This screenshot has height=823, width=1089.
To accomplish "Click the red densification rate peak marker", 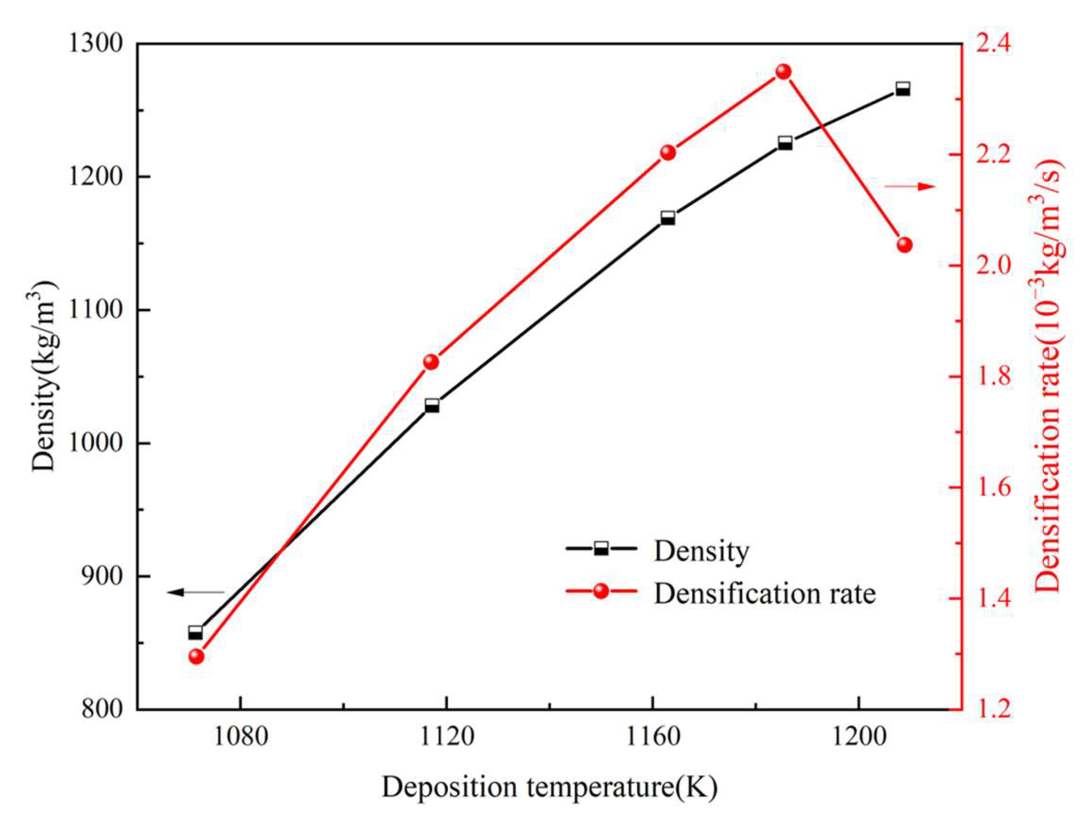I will tap(783, 72).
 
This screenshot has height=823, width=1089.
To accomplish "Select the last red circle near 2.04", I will tap(904, 245).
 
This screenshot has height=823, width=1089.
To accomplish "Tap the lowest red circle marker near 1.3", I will tap(196, 656).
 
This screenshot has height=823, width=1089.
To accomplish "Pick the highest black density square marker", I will tap(903, 89).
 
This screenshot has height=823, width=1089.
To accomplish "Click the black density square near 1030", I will tap(432, 405).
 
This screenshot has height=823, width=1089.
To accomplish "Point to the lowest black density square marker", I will tap(195, 633).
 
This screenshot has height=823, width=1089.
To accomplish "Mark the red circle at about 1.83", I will tap(431, 362).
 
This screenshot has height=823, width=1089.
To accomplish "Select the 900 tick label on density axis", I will tap(103, 576).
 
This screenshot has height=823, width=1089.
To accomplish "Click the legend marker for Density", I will tap(601, 548).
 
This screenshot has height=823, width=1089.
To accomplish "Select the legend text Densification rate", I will tap(764, 593).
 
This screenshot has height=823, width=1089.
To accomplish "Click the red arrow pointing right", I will tap(910, 187).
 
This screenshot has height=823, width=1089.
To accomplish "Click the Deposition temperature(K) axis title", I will tap(550, 787).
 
